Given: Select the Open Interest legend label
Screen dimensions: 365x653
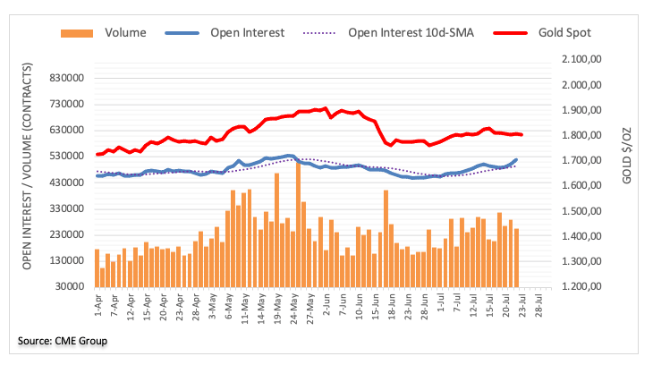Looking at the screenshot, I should point(247,33).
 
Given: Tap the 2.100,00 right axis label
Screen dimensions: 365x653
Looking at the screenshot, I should point(582,59).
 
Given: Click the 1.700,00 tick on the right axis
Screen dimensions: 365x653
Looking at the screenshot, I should point(582,160).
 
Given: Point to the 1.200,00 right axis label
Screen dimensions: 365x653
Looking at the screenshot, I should point(582,287).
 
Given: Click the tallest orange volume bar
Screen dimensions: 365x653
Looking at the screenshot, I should point(298,224).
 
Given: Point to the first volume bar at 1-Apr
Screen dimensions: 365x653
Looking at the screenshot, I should point(97,267).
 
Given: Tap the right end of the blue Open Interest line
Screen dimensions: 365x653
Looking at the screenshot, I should point(516,160).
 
